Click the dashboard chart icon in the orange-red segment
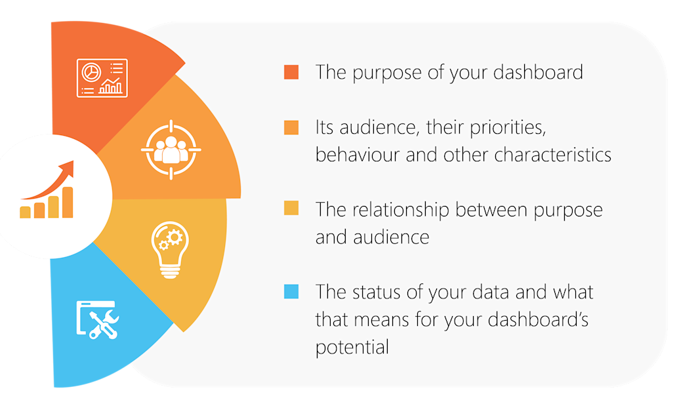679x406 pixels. [x=102, y=78]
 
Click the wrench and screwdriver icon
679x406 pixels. [x=98, y=320]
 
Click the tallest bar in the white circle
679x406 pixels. [x=67, y=202]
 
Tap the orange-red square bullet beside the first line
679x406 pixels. [x=291, y=72]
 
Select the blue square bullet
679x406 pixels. [x=291, y=291]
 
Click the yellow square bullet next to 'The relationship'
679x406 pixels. [x=291, y=209]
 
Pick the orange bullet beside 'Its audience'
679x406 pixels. [x=291, y=127]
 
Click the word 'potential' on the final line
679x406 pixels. [x=352, y=347]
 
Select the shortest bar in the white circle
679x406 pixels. [x=26, y=212]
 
